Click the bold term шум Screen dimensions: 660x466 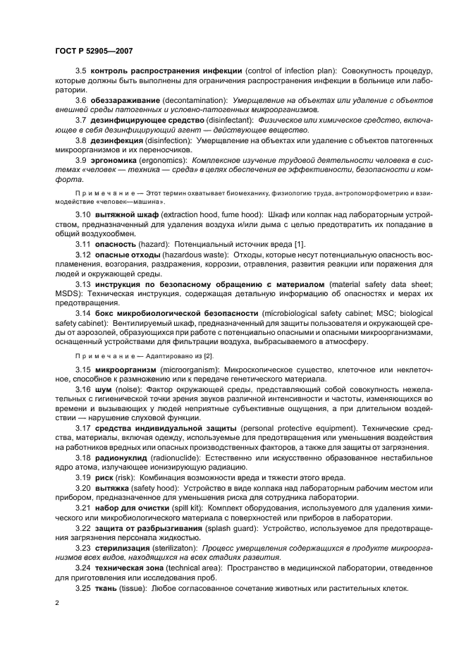[x=102, y=389]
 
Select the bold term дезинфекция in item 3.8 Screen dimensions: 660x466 [x=121, y=141]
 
